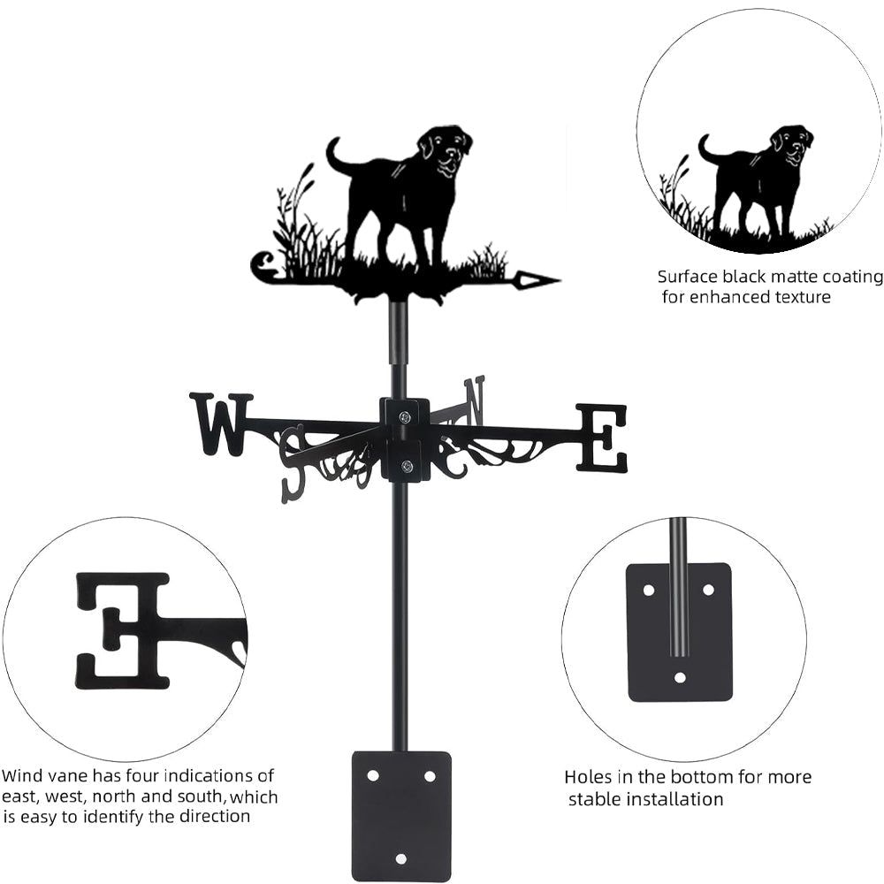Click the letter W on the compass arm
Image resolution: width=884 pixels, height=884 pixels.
click(x=221, y=424)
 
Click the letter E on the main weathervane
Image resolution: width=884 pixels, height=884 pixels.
click(x=603, y=438)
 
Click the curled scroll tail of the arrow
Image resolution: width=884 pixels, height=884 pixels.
click(x=263, y=266)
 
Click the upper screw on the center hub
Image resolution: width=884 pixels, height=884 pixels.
click(x=404, y=417)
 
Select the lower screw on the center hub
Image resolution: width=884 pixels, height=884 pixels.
click(x=406, y=467)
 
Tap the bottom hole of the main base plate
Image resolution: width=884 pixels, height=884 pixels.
click(x=401, y=858)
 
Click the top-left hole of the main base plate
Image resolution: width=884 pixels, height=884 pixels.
click(x=373, y=775)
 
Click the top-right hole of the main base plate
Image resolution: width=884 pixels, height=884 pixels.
click(x=430, y=775)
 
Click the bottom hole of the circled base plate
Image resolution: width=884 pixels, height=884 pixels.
click(x=680, y=678)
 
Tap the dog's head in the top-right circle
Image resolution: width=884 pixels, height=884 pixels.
click(x=790, y=143)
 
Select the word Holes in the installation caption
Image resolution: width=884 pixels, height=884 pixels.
click(x=588, y=778)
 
